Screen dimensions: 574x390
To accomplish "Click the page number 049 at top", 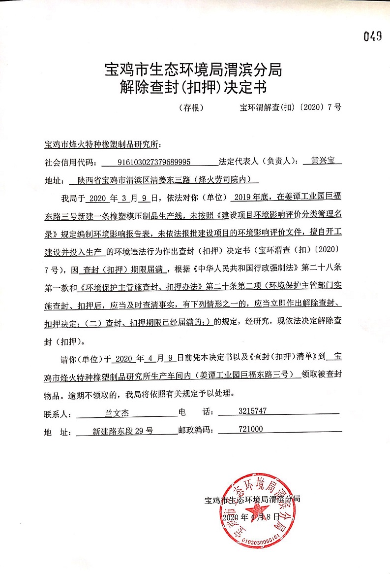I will coord(373,36).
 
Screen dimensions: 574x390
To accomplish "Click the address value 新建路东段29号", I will coord(122,431).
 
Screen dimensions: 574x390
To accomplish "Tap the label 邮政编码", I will coord(195,431).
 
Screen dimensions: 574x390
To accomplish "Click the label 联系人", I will coord(58,413).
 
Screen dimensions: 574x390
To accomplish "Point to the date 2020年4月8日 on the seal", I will coord(250,517).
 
